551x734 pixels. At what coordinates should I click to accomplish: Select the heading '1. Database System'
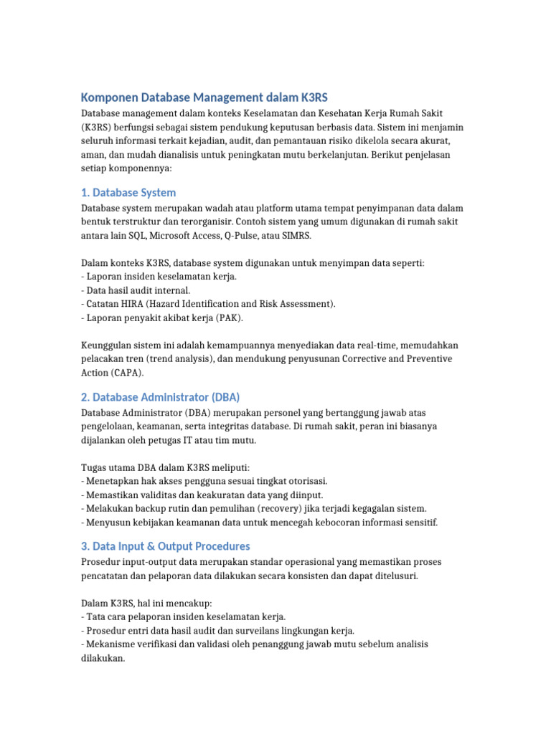[x=128, y=193]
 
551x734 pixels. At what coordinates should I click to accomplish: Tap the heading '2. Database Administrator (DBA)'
[x=161, y=397]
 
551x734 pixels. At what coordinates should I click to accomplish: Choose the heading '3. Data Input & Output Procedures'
[x=166, y=546]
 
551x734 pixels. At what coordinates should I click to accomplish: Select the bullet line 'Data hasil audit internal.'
[x=138, y=290]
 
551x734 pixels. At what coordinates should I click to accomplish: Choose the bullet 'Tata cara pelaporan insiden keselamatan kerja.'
[x=185, y=616]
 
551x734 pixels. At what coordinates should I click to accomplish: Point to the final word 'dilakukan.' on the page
[x=103, y=657]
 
